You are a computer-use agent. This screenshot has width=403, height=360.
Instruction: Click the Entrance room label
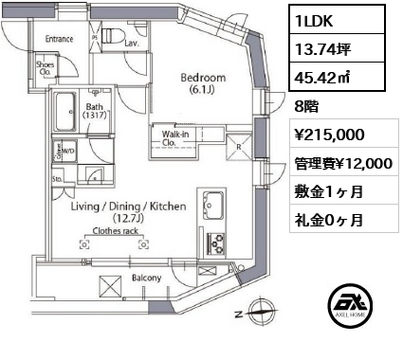[x=59, y=39]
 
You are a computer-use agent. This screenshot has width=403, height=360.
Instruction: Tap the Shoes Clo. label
[x=46, y=68]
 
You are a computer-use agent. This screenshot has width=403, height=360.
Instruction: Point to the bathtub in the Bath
[x=65, y=112]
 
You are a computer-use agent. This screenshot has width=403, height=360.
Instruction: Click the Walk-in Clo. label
[x=175, y=138]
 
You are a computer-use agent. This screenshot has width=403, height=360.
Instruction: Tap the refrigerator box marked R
[x=239, y=148]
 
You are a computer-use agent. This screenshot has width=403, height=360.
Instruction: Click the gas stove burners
[x=216, y=243]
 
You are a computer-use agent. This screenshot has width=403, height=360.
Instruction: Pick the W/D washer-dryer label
[x=68, y=151]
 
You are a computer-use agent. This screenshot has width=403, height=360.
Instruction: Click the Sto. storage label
[x=57, y=179]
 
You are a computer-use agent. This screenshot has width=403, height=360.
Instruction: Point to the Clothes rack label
[x=116, y=231]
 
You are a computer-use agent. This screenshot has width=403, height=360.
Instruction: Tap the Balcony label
[x=146, y=278]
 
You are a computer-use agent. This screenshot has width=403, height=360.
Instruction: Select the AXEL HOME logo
[x=350, y=305]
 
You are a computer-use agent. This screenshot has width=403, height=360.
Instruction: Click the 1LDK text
[x=314, y=21]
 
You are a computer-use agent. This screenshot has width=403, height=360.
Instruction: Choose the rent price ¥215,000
[x=329, y=135]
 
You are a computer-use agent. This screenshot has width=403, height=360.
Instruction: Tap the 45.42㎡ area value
[x=322, y=78]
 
